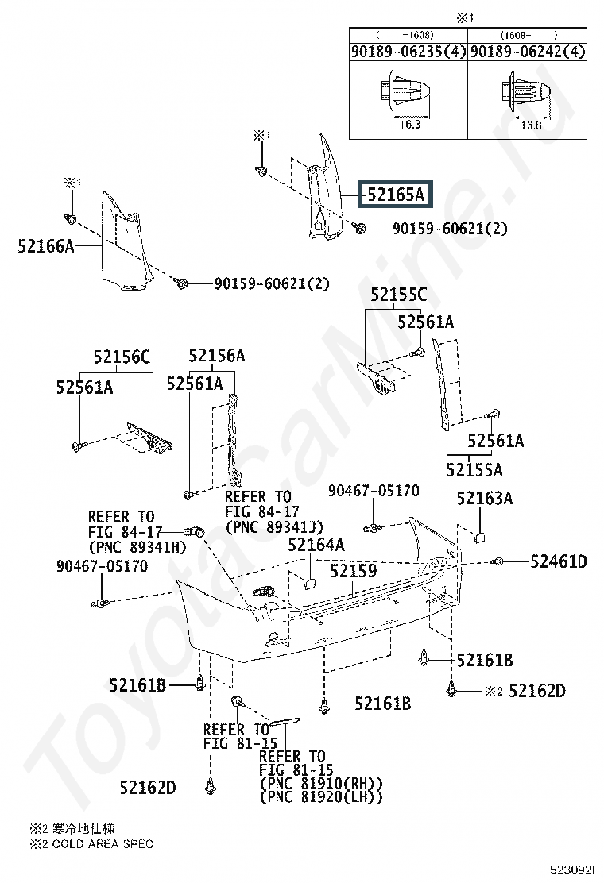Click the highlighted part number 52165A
pos(396,195)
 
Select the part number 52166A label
pos(45,246)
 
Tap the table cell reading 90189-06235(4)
pos(408,52)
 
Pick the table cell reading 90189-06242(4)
pos(528,52)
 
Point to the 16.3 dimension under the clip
pos(410,125)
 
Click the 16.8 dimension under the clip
pos(531,125)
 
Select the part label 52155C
pos(398,295)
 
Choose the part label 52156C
pos(122,357)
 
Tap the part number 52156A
pos(217,356)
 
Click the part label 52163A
pos(485,499)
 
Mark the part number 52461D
pos(559,561)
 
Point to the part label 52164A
pos(316,545)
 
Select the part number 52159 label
pos(354,571)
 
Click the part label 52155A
pos(474,469)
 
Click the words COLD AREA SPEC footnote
pos(103,843)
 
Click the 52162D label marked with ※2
pos(537,691)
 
